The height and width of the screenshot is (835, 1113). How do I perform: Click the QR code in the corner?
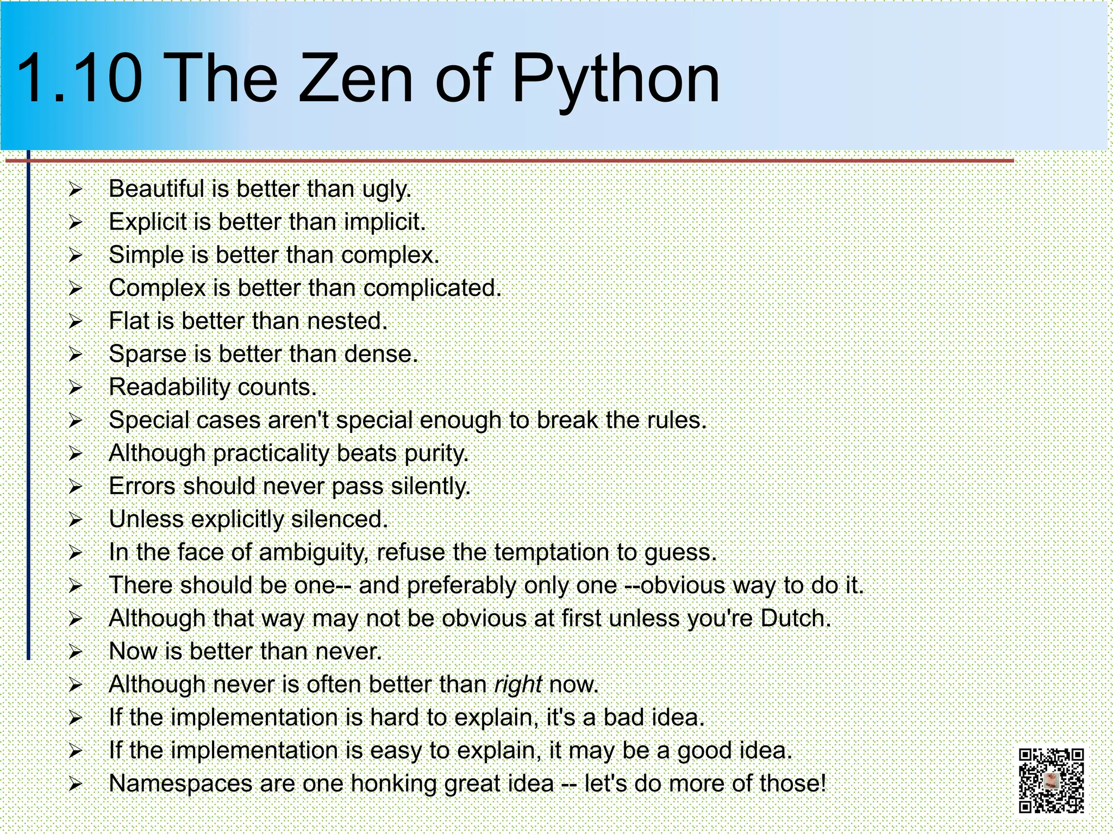pos(1051,780)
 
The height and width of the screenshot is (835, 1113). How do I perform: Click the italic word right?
pos(518,684)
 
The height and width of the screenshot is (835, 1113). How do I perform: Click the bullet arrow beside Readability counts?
pos(75,388)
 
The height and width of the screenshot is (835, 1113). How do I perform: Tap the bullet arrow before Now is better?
pos(75,652)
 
